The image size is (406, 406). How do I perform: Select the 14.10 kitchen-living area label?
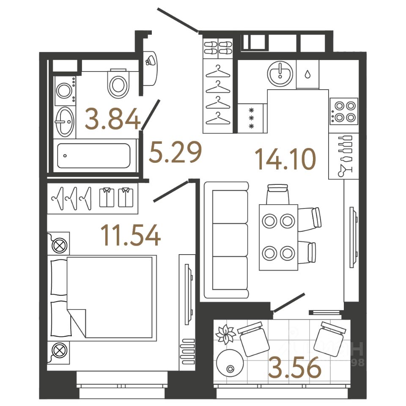(x=285, y=159)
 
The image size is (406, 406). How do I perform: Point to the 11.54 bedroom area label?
(x=131, y=236)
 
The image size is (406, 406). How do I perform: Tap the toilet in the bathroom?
(x=118, y=84)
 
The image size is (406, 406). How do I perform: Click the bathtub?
(x=94, y=156)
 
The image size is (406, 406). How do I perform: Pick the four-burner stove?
(x=343, y=111)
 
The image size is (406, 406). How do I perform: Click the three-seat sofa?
(x=226, y=240)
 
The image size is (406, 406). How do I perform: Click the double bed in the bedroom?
(x=101, y=297)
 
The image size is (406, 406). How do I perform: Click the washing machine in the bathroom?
(x=65, y=91)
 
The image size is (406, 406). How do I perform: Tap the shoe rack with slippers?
(x=218, y=47)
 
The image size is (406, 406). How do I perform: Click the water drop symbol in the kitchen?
(x=307, y=74)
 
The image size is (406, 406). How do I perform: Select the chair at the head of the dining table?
(x=278, y=194)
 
